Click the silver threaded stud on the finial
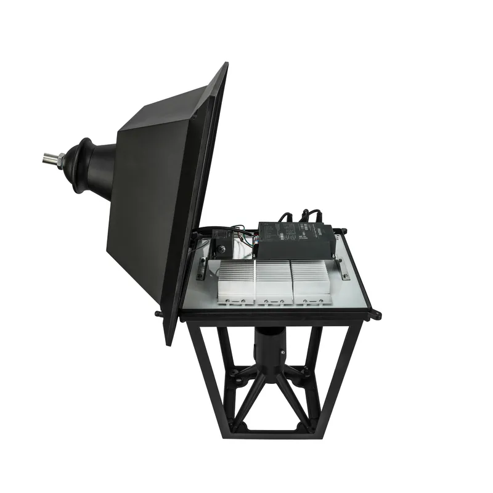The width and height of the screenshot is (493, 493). click(x=49, y=160)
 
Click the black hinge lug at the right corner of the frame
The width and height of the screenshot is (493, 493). click(x=375, y=315)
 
